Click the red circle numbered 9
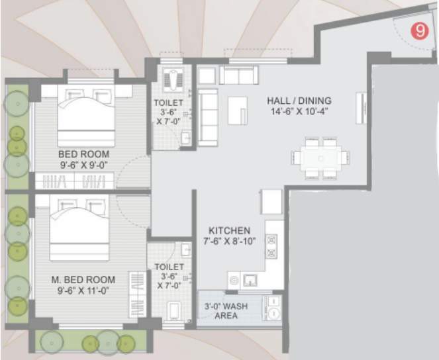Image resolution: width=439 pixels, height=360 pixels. click(418, 30)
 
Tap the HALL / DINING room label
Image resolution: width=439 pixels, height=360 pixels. click(299, 106)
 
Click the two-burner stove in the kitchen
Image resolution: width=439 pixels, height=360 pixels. click(271, 247)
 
